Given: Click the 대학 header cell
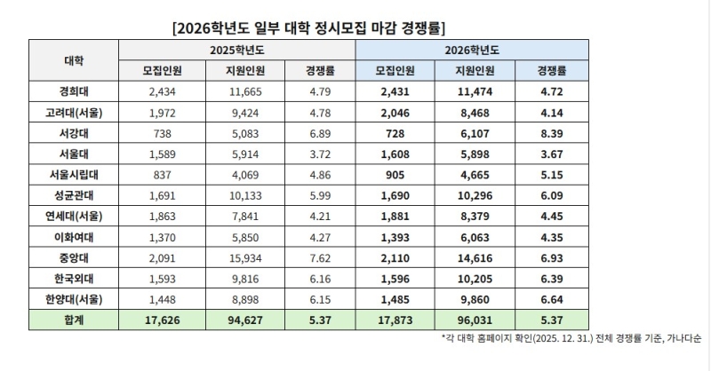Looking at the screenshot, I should (x=75, y=59).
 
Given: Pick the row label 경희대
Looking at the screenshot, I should (x=75, y=91).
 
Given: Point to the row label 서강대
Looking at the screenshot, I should (x=75, y=130).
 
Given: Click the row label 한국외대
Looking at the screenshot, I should (x=75, y=278).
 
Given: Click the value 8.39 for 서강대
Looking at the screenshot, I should (x=551, y=130).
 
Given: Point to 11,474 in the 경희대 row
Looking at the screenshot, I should (x=472, y=91).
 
